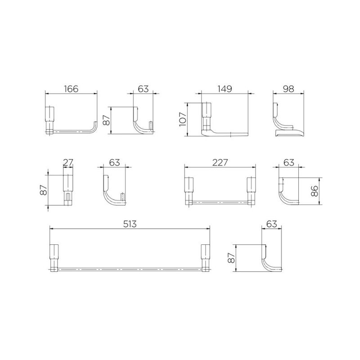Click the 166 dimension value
(x=71, y=89)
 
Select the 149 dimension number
(x=225, y=89)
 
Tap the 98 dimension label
(x=288, y=89)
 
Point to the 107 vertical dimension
(x=183, y=119)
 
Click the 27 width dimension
(x=68, y=162)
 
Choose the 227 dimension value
(x=220, y=162)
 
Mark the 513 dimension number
(x=130, y=224)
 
